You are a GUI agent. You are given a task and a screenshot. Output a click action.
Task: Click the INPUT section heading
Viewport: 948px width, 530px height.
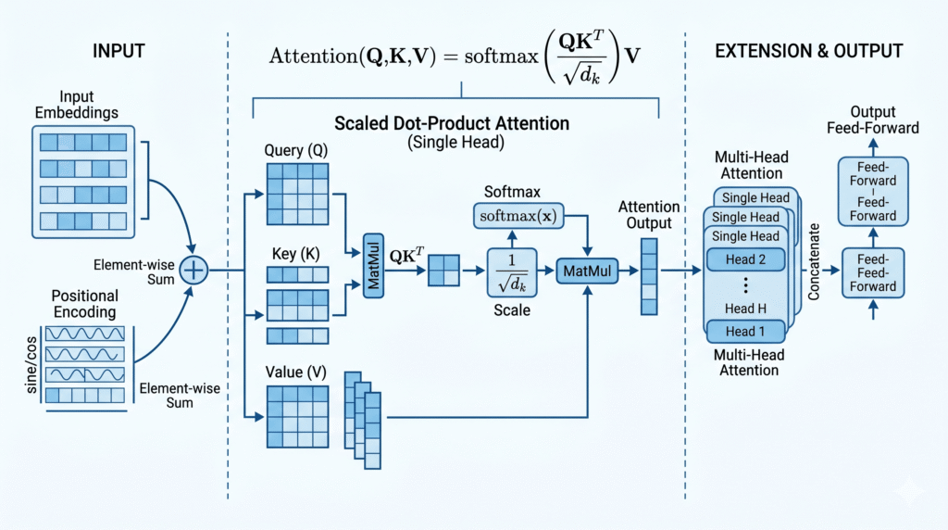118,51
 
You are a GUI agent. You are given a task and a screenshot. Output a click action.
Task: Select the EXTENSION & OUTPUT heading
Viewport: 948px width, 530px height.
811,51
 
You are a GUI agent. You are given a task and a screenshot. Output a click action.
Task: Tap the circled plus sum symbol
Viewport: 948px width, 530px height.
193,270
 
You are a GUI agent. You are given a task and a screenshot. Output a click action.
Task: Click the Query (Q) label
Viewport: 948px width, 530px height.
295,151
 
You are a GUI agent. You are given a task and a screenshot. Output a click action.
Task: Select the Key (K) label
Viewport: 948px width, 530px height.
295,253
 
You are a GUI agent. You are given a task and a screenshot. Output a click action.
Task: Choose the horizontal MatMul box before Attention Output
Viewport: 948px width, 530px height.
586,270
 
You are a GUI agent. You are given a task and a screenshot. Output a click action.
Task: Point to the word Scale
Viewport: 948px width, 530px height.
512,310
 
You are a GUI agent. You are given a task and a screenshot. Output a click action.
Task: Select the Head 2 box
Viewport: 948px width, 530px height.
745,260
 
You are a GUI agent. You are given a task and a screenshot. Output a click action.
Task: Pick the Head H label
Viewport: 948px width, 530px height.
745,309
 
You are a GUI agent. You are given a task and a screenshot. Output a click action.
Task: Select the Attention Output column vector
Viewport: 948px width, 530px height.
649,275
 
